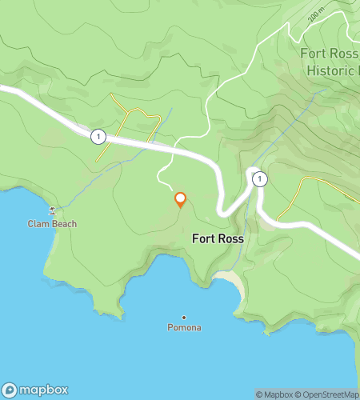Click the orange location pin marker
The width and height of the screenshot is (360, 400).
click(180, 199)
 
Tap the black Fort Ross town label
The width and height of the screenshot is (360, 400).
click(218, 238)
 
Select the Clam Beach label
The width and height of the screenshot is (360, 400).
click(52, 224)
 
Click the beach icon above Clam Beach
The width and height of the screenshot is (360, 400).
click(53, 211)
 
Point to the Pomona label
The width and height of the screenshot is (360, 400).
click(184, 328)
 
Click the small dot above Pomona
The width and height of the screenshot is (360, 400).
click(184, 317)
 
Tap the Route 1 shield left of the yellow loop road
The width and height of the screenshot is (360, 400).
click(98, 137)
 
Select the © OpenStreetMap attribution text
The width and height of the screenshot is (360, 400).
click(328, 394)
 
